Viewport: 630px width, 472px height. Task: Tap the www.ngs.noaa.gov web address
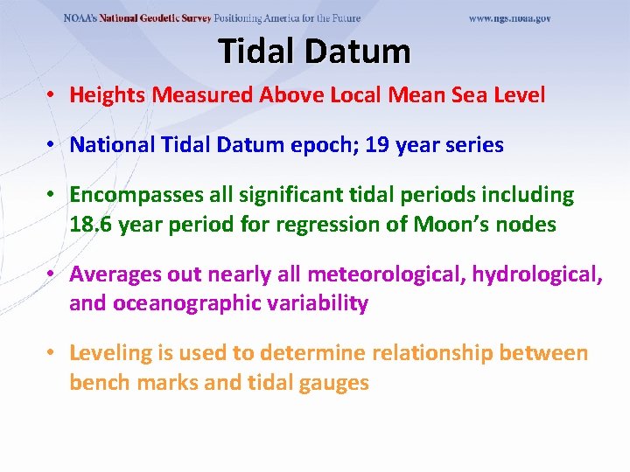tap(509, 18)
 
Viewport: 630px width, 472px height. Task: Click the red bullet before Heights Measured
tap(53, 95)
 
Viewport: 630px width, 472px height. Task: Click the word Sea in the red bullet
tap(473, 95)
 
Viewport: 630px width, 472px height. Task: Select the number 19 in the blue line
tap(377, 145)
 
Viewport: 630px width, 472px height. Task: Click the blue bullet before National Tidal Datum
tap(53, 145)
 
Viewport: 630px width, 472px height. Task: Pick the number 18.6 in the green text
tap(90, 225)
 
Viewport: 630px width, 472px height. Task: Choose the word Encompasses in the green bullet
tap(129, 195)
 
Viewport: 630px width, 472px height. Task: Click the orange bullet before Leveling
tap(53, 353)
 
